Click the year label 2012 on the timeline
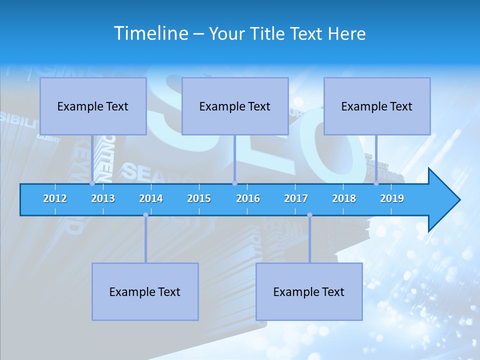pos(55,199)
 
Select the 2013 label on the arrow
pos(103,199)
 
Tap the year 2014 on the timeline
pos(151,199)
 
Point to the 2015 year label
pos(199,199)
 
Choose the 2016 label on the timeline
pos(248,199)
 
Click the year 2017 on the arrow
pos(296,199)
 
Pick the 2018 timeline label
pos(344,199)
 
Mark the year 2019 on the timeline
pos(392,199)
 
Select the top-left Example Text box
pos(93,106)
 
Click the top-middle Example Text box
pos(235,106)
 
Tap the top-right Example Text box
pos(377,106)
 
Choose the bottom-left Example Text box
pos(145,291)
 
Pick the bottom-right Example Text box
pos(309,291)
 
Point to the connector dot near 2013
pos(92,183)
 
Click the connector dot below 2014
pos(145,215)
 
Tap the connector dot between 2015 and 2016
pos(234,183)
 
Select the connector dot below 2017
pos(309,215)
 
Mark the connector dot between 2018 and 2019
pos(376,183)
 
